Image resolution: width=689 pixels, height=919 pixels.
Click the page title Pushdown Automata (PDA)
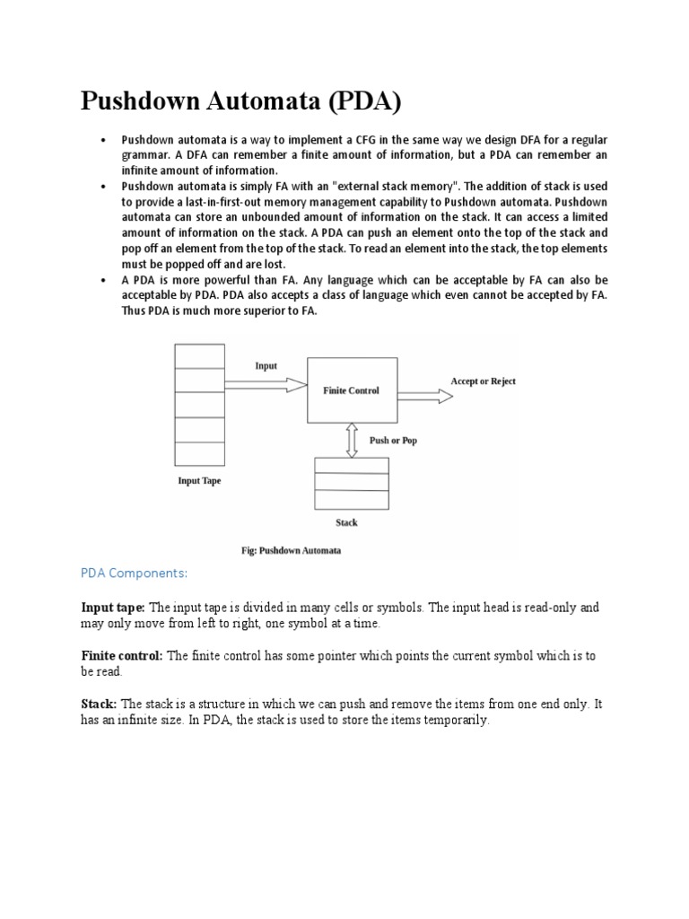coord(241,101)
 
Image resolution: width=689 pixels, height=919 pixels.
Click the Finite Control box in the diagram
coord(351,390)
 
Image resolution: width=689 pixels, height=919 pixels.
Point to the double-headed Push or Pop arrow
coord(352,440)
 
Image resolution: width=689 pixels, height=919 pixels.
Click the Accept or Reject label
coord(483,381)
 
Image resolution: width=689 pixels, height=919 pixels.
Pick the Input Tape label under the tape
coord(199,481)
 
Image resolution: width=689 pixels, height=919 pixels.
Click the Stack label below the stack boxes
coord(346,522)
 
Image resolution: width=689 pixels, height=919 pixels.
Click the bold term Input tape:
coord(113,608)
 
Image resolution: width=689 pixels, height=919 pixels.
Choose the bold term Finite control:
coord(122,656)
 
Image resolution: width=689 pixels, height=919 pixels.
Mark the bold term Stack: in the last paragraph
coord(100,705)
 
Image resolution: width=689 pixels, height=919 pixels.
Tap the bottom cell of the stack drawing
coord(351,499)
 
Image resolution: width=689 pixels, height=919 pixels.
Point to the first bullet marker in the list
coord(104,141)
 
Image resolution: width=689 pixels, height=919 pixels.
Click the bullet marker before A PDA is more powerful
coord(104,278)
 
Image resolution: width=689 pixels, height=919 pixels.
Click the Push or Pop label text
coord(393,441)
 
